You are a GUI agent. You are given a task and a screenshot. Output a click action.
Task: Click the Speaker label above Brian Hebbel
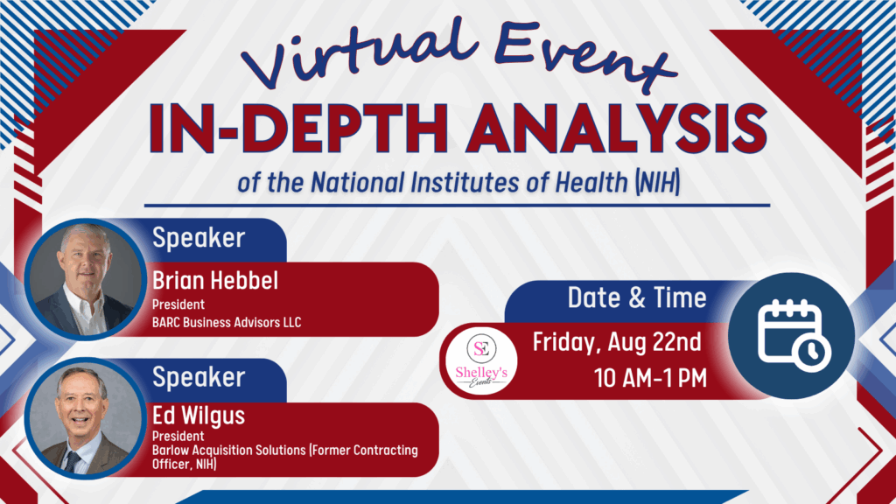coord(198,236)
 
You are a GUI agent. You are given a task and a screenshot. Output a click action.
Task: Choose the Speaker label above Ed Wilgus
coord(198,377)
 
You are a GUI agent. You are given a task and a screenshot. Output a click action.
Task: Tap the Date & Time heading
coord(636,297)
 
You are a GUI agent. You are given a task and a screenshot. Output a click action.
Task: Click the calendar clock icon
coord(791,333)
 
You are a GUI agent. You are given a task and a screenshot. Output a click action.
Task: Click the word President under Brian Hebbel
coord(178,305)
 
